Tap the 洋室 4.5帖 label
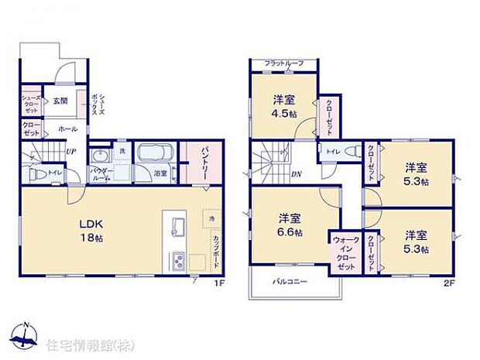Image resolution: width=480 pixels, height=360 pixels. pos(283,106)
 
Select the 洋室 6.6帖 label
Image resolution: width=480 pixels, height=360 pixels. pos(290,225)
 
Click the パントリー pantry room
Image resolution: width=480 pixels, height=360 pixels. pos(194,162)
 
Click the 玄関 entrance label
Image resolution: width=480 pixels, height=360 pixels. pos(59,101)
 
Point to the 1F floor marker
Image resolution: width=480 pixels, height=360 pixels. pos(219,284)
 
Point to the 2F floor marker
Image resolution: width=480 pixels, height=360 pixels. pos(447,284)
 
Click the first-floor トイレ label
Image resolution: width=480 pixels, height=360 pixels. pos(55,173)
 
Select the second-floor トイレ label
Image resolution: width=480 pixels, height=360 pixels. pos(331,152)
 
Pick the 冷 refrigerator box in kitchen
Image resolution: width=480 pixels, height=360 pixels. pos(209,219)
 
